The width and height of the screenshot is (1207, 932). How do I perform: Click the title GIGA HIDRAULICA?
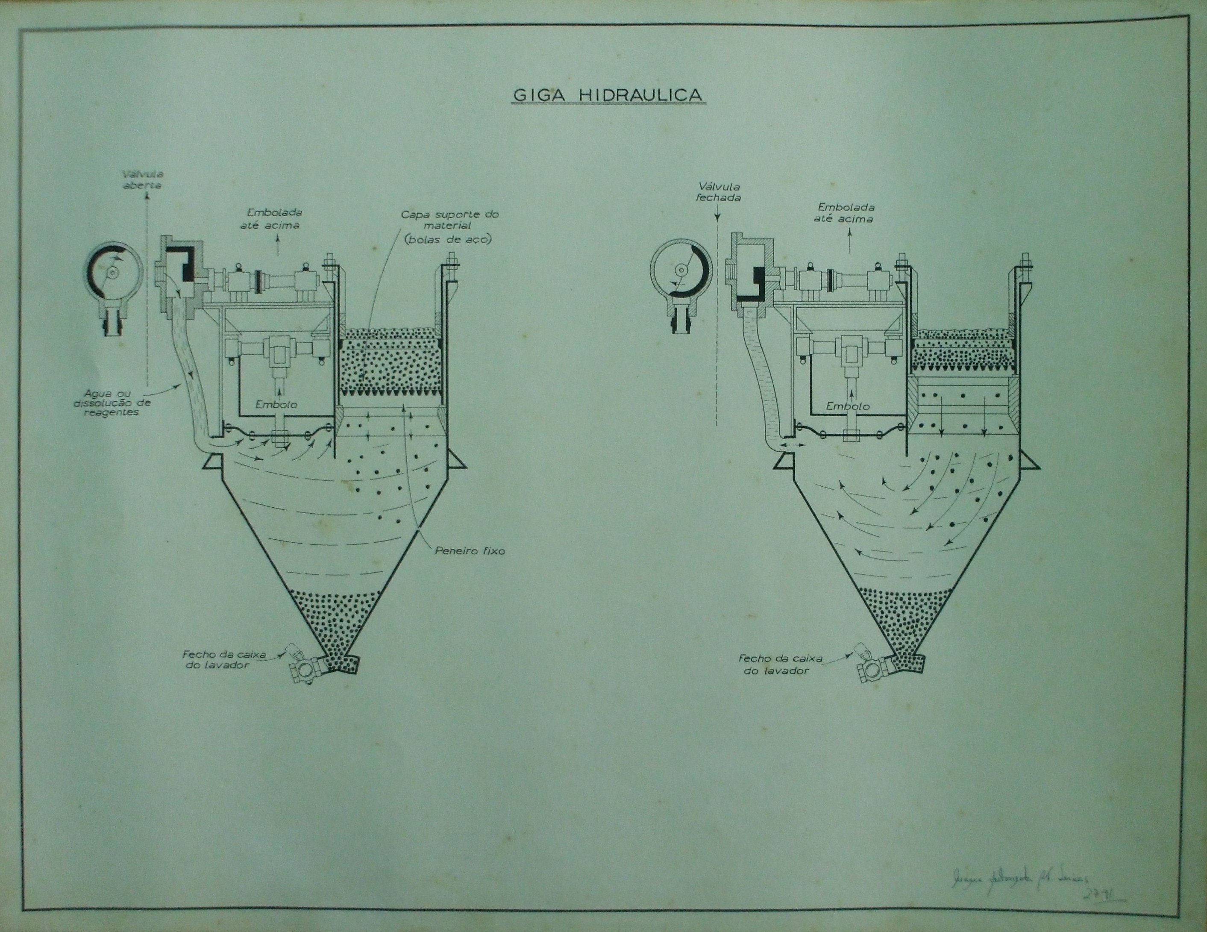[608, 95]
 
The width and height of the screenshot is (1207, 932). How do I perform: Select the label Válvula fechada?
[719, 192]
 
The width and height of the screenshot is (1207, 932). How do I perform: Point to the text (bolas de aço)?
[448, 240]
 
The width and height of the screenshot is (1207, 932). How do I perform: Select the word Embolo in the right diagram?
[847, 406]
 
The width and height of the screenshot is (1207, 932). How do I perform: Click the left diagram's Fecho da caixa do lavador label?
[224, 659]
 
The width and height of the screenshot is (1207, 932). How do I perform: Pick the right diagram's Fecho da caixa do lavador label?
[780, 664]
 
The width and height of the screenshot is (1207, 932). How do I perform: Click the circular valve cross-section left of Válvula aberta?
[113, 273]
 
